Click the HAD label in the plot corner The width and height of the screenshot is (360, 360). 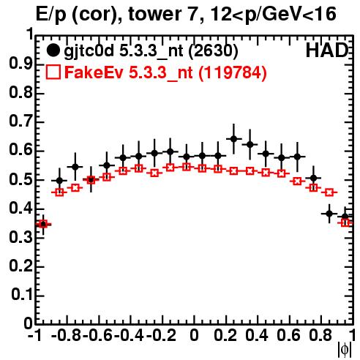click(x=327, y=50)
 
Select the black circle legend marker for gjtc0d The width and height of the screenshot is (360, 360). click(x=53, y=50)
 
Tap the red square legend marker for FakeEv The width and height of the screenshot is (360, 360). click(x=53, y=72)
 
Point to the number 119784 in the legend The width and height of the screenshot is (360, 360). click(x=232, y=72)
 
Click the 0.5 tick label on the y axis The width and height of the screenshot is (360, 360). click(x=20, y=180)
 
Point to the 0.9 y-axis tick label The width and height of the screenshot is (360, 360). click(x=20, y=64)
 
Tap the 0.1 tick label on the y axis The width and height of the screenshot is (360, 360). click(x=21, y=295)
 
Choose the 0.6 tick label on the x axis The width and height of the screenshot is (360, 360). click(x=288, y=335)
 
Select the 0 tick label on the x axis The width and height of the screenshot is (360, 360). click(x=194, y=335)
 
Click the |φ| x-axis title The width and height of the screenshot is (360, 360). click(x=345, y=350)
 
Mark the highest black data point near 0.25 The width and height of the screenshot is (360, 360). click(x=233, y=139)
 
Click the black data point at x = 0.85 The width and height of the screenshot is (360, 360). click(x=329, y=214)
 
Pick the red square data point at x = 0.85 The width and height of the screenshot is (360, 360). click(x=329, y=192)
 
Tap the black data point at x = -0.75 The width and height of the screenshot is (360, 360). click(x=75, y=167)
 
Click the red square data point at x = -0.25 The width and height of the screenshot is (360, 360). click(x=154, y=173)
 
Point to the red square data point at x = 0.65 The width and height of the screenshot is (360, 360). click(x=297, y=181)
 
